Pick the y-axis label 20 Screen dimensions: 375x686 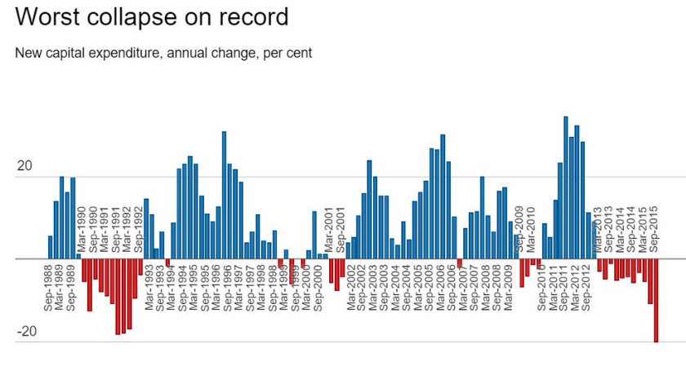pos(25,165)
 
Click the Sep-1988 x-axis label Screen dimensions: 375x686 pos(50,287)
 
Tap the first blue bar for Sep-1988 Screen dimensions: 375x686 pos(51,247)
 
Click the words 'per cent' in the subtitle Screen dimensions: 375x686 pos(287,53)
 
